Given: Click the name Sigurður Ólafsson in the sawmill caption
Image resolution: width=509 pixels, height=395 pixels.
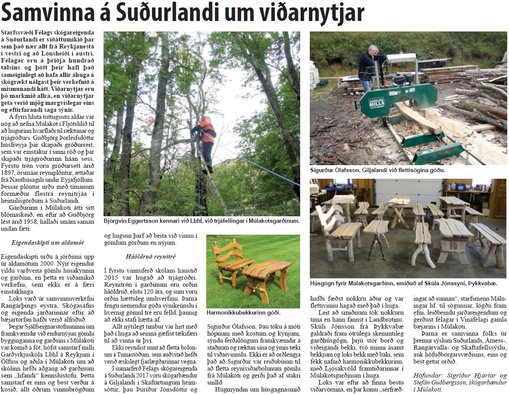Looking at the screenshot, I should point(333,170).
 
